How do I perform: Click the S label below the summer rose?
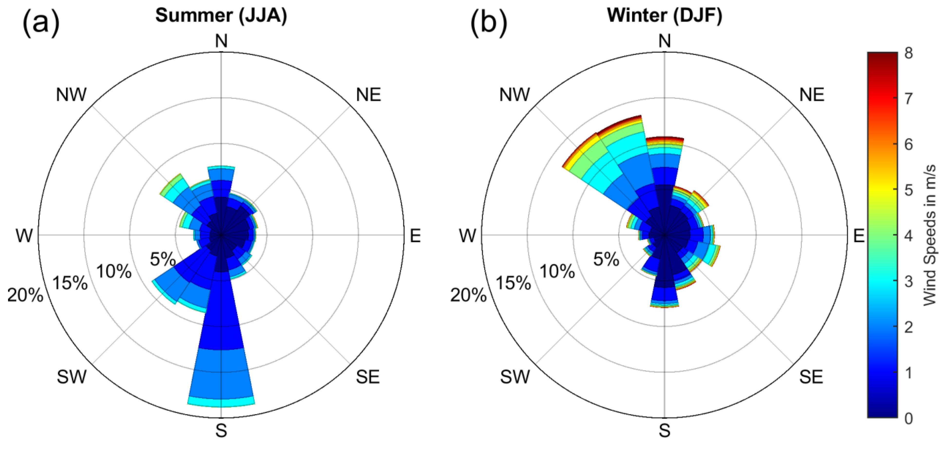[221, 431]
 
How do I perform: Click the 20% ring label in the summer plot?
[25, 295]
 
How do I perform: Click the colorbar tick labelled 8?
[908, 54]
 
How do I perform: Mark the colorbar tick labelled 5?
[908, 190]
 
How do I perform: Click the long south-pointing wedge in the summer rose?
[221, 330]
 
